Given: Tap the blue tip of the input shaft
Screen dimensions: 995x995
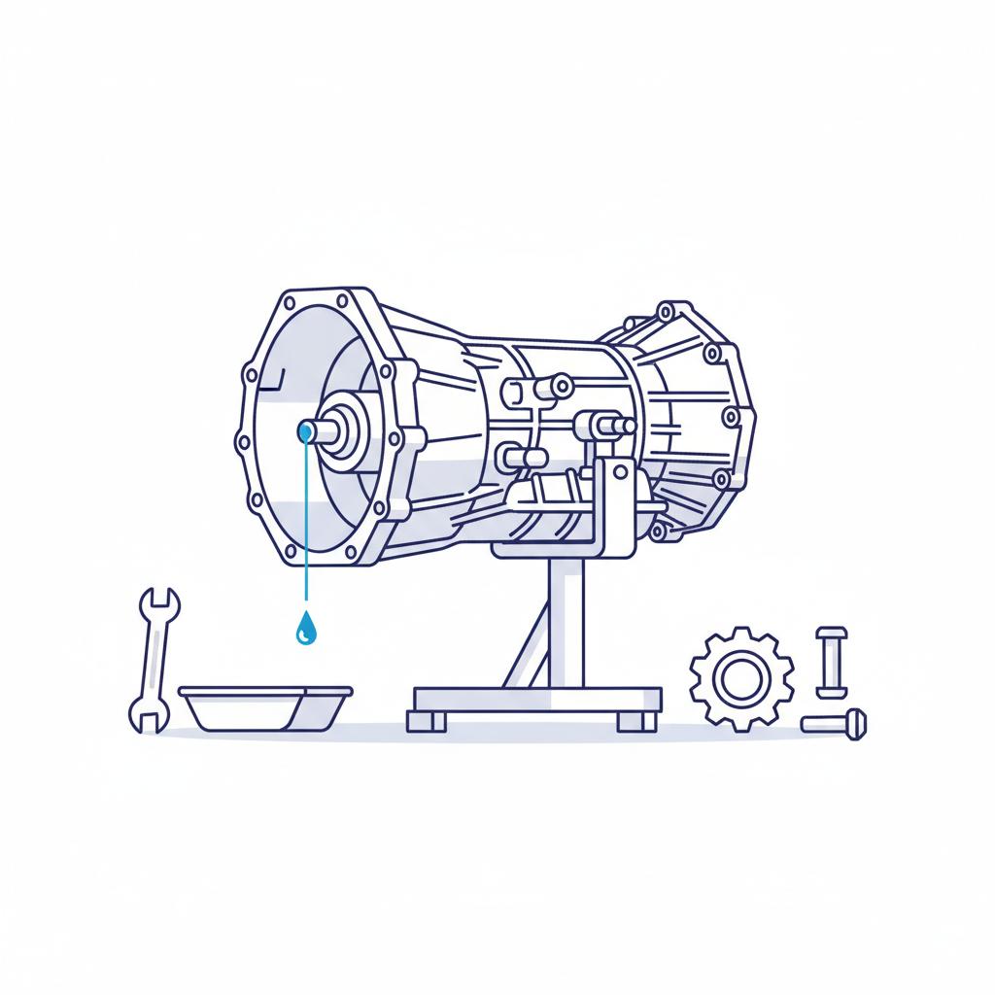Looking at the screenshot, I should [x=306, y=429].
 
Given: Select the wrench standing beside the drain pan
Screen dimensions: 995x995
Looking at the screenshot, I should [x=153, y=661].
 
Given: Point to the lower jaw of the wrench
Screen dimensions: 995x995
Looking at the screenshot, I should [x=143, y=717].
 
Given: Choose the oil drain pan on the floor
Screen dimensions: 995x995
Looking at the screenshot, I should [x=264, y=706].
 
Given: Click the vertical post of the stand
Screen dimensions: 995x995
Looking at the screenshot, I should [x=563, y=622].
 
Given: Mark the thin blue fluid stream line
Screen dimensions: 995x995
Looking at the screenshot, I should [x=306, y=525].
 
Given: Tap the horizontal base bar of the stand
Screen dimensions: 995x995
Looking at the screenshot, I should [x=536, y=698].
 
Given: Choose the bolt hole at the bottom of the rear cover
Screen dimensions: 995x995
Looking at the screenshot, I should [x=660, y=531].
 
